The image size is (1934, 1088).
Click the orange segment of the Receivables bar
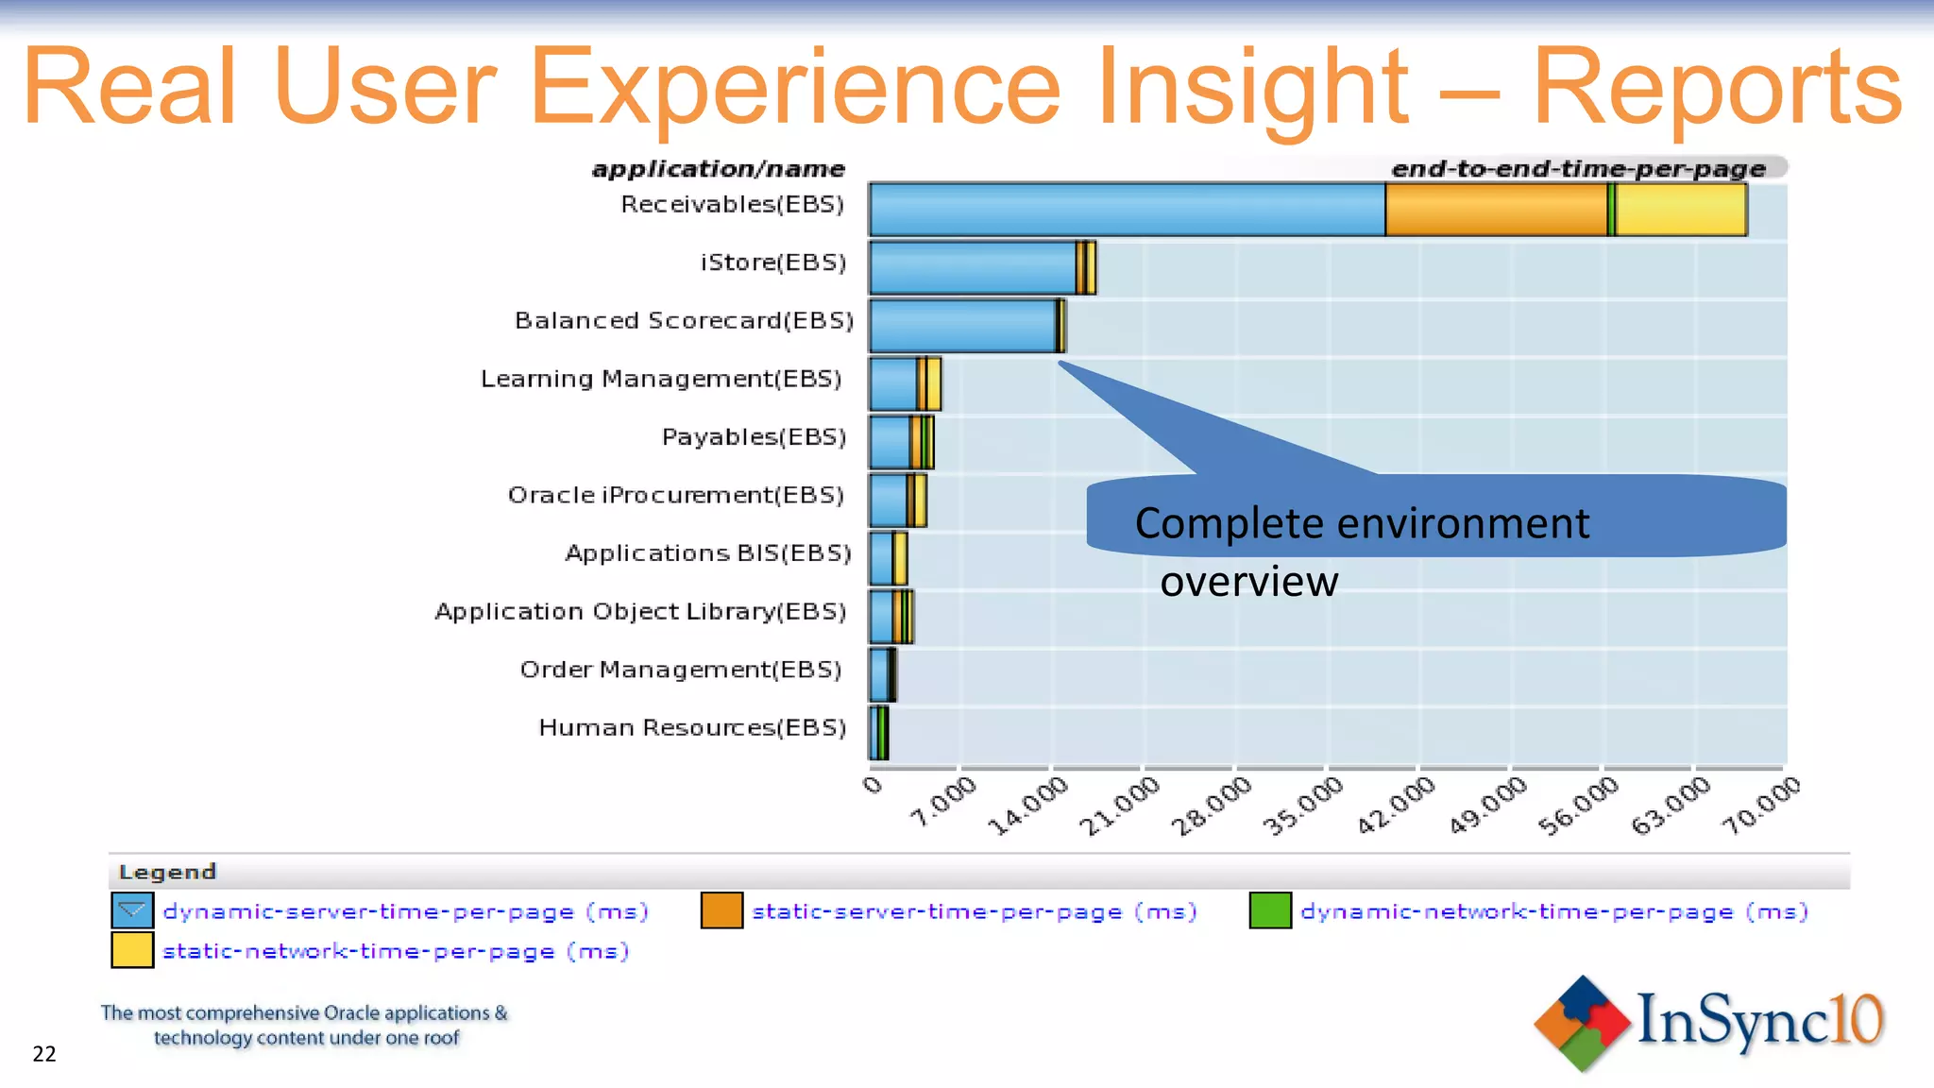point(1496,210)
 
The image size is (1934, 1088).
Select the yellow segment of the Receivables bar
point(1681,210)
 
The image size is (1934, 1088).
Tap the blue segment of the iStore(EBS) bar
point(973,268)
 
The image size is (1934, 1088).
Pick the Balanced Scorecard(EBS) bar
point(963,326)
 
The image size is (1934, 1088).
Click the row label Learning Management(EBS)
point(661,379)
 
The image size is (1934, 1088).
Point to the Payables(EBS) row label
point(754,437)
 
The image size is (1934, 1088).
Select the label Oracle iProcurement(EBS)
point(675,495)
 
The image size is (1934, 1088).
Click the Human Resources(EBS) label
point(692,727)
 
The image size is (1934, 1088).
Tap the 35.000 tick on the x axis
point(1303,805)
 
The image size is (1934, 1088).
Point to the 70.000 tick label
point(1761,805)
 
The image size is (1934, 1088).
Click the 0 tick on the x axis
point(873,785)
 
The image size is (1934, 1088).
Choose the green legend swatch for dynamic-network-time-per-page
point(1270,910)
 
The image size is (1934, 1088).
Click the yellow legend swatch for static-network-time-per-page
point(132,950)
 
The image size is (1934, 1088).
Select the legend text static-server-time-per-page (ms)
point(974,911)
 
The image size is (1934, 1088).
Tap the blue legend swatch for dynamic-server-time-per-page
point(132,910)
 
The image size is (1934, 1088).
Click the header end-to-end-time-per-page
point(1578,169)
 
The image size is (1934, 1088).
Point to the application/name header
point(718,169)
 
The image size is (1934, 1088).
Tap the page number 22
point(44,1054)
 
